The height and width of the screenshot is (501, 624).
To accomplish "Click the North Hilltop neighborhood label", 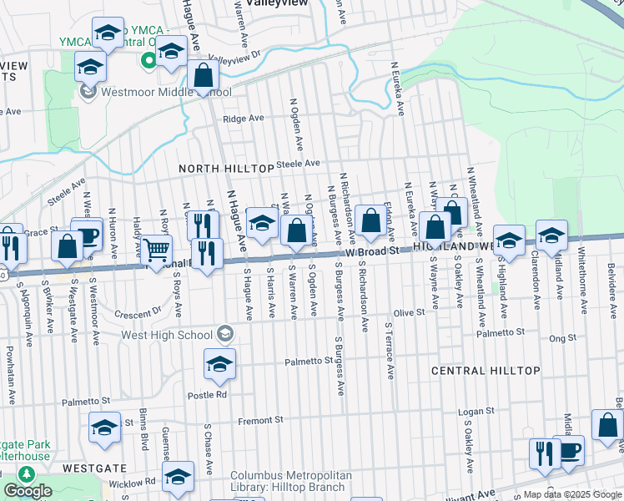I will point(227,169).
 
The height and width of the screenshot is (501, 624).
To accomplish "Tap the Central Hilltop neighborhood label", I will point(486,370).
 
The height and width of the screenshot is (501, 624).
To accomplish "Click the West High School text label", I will point(167,335).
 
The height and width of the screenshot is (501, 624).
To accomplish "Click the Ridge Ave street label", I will point(244,119).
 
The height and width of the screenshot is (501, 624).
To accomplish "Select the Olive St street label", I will point(409,312).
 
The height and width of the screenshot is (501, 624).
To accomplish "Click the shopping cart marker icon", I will point(156,249).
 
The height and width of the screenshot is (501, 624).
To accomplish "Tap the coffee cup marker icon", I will point(568,450).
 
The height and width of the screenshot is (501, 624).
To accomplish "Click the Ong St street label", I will point(563,337).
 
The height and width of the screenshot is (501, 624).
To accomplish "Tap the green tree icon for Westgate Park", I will point(26,474).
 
